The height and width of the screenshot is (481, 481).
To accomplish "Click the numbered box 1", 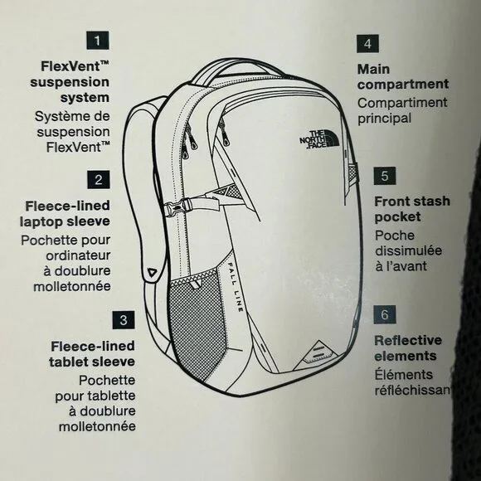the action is click(98, 40).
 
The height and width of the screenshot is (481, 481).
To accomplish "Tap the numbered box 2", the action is click(99, 179).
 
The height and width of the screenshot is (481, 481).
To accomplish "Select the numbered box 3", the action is click(124, 320).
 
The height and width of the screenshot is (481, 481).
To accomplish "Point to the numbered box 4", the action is click(368, 44).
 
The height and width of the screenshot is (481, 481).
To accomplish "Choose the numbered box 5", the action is click(385, 176).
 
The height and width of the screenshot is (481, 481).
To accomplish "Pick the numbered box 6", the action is click(385, 314).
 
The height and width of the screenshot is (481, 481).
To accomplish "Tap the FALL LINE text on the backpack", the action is click(236, 287).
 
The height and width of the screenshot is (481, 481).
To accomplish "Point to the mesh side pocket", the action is click(197, 319).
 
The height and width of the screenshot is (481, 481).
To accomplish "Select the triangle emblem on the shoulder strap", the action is click(152, 272).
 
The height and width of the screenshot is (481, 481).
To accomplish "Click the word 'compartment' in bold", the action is click(403, 85).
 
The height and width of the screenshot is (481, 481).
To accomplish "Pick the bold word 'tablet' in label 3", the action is click(65, 362).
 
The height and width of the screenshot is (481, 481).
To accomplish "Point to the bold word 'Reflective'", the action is click(408, 340).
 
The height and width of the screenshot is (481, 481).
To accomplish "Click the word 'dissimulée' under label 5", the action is click(408, 250).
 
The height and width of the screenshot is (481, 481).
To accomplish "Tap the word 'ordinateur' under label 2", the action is click(78, 255).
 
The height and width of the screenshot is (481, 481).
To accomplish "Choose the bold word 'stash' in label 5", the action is click(433, 202).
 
